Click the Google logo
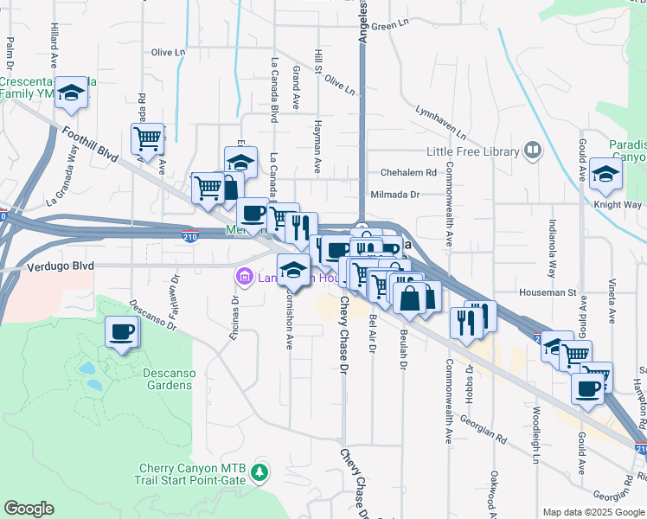pos(29,509)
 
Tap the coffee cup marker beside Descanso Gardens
pos(122,332)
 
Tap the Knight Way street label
pos(618,205)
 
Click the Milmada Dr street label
pos(394,195)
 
